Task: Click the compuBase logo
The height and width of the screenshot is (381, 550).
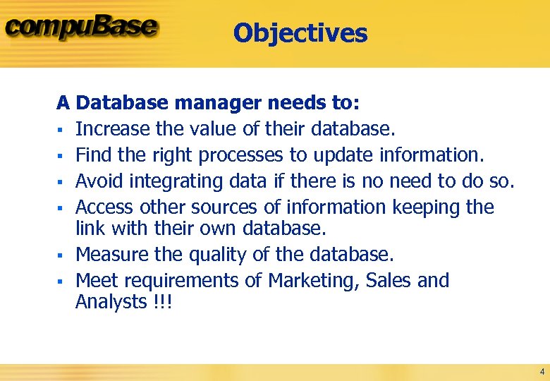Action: (x=82, y=28)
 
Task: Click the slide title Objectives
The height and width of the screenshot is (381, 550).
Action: (x=300, y=33)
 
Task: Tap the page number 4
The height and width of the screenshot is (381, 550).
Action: (x=542, y=371)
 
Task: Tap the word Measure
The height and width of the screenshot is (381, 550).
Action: (x=109, y=254)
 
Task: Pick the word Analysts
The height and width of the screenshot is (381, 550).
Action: (x=109, y=302)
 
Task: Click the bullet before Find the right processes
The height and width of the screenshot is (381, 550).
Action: (x=61, y=156)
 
